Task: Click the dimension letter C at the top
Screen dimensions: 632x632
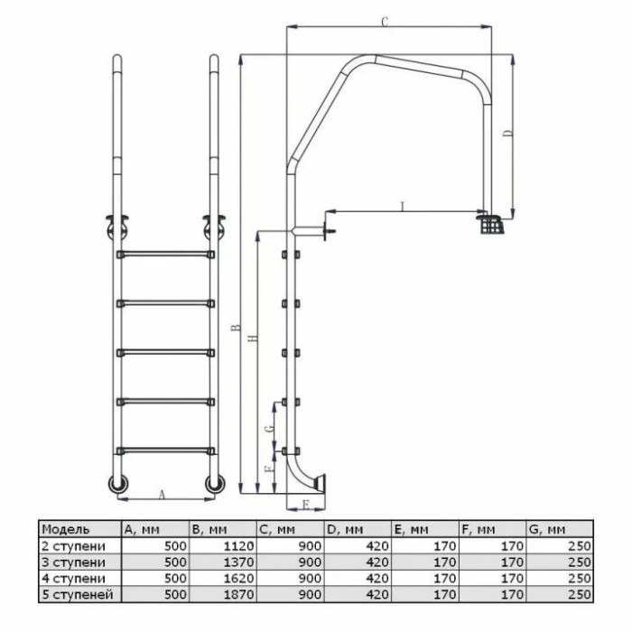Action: pyautogui.click(x=385, y=22)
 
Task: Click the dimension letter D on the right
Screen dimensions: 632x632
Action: pyautogui.click(x=509, y=133)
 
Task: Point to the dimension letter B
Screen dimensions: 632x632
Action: pyautogui.click(x=237, y=328)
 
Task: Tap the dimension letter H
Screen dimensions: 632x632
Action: pyautogui.click(x=253, y=339)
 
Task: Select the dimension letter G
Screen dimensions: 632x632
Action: pyautogui.click(x=271, y=427)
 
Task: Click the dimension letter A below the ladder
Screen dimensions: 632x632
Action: pyautogui.click(x=162, y=495)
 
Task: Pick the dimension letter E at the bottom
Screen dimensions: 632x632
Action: pyautogui.click(x=305, y=505)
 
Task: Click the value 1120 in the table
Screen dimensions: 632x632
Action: pyautogui.click(x=239, y=546)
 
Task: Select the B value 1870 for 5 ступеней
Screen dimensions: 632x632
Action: pyautogui.click(x=239, y=594)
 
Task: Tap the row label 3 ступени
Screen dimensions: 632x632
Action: pyautogui.click(x=73, y=562)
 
